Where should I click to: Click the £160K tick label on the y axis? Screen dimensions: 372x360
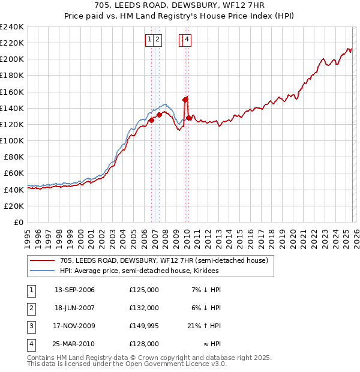pyautogui.click(x=12, y=92)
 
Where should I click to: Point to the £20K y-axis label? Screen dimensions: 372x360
pyautogui.click(x=13, y=206)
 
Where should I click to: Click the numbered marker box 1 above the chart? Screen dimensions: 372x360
pyautogui.click(x=149, y=40)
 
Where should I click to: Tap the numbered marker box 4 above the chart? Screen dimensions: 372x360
pyautogui.click(x=187, y=40)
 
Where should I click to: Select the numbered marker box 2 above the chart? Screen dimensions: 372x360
pyautogui.click(x=157, y=40)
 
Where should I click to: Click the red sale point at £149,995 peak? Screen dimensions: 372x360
pyautogui.click(x=185, y=99)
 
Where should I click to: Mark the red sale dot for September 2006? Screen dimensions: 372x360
pyautogui.click(x=151, y=120)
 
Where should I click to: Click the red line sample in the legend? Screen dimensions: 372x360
pyautogui.click(x=42, y=260)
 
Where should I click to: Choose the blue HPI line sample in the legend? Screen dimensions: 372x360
pyautogui.click(x=42, y=271)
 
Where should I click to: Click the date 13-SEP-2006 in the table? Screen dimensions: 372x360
pyautogui.click(x=74, y=290)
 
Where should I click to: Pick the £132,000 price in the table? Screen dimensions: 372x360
pyautogui.click(x=143, y=308)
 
